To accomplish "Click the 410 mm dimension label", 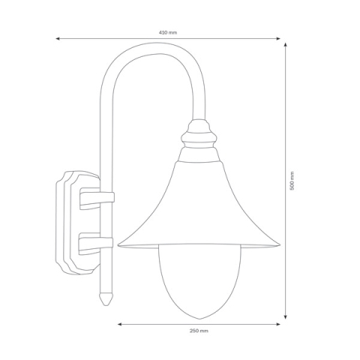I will tap(168, 33).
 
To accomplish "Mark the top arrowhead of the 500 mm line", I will tap(287, 44).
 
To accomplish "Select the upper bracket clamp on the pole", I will tap(97, 199).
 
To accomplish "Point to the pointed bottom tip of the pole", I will tap(106, 304).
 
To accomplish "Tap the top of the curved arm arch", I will tap(154, 54).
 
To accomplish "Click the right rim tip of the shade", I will tap(279, 244).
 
